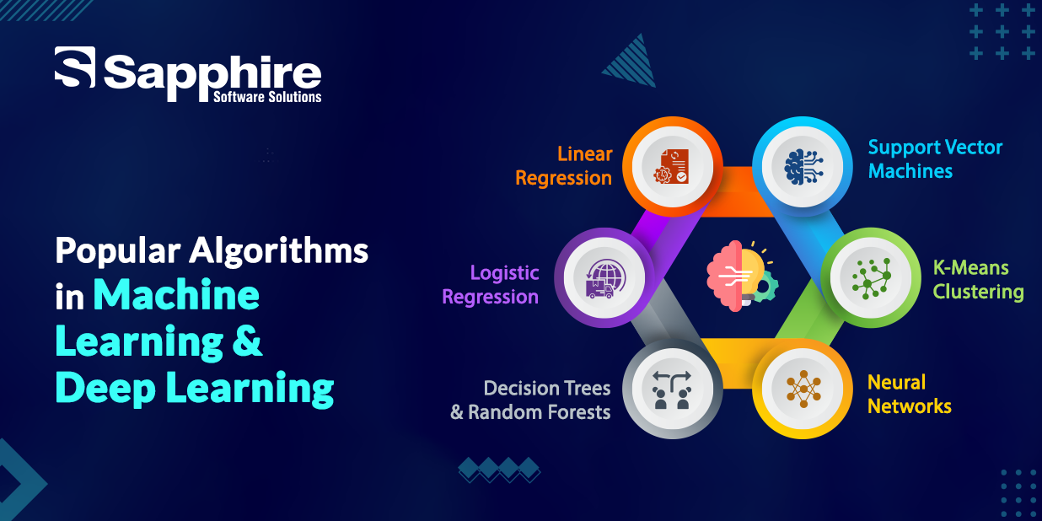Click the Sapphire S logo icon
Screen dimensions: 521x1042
tap(75, 67)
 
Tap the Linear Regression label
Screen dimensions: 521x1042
tap(564, 166)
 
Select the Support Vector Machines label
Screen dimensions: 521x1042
tap(934, 158)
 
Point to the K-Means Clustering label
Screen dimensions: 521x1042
tap(978, 280)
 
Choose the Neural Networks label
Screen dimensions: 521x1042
tap(909, 395)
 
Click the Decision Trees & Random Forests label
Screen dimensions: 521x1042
tap(531, 400)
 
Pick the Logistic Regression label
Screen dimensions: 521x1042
tap(491, 285)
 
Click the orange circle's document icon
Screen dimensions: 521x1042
tap(671, 165)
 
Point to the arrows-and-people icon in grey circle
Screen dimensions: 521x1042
tap(671, 389)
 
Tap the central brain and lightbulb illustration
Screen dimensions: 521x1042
tap(741, 275)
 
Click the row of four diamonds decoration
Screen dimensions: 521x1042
tap(498, 470)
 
